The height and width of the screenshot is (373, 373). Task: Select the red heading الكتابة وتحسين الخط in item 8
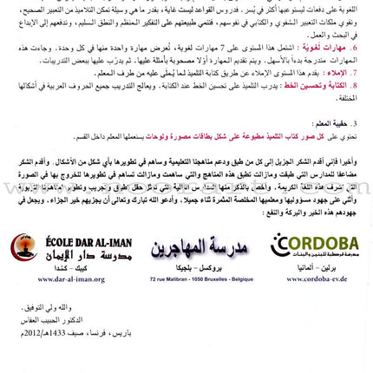coord(326,85)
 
